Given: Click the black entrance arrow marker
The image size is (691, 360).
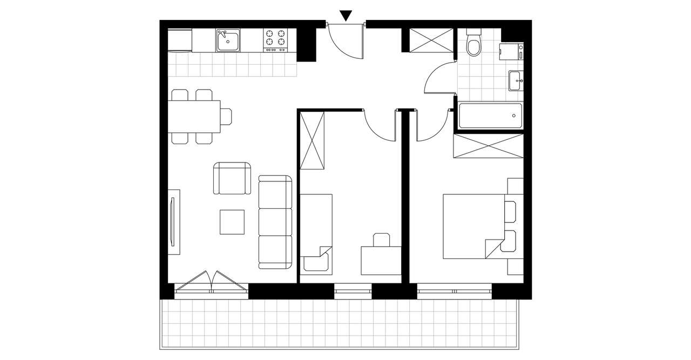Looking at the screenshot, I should (346, 16).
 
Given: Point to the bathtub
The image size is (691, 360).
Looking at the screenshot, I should (490, 116).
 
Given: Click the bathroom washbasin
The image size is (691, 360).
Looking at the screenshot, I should (516, 81).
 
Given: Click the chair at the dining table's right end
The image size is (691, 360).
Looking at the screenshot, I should (226, 117).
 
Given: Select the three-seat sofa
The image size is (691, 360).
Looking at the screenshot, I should (275, 221).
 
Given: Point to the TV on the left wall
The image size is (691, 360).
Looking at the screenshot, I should (173, 221).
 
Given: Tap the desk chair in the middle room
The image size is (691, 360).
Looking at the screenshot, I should (381, 240).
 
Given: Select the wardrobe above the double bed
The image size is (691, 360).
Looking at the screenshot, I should (487, 146).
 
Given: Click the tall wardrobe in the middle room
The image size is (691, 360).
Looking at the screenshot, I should (313, 140).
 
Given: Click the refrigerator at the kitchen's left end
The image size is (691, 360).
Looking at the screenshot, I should (180, 40).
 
